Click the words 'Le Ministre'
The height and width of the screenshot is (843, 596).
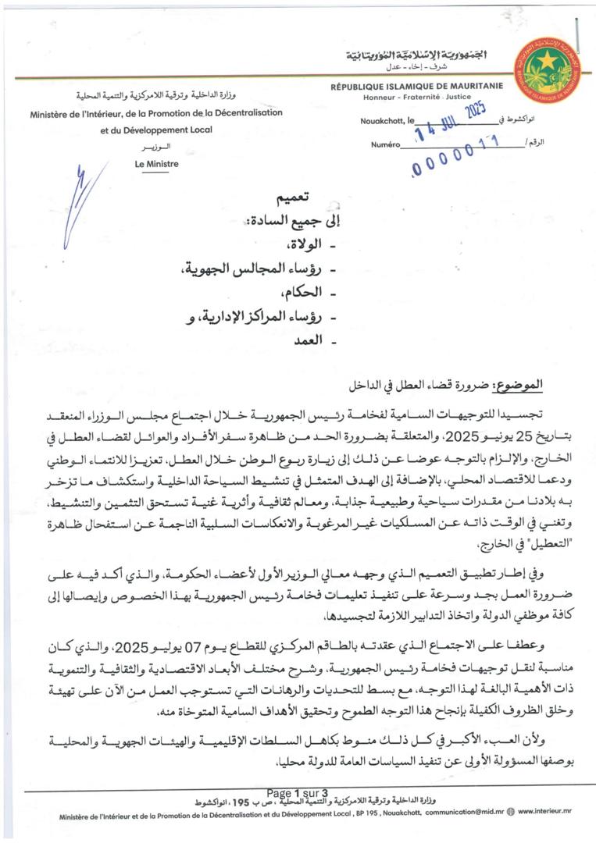[x=156, y=164]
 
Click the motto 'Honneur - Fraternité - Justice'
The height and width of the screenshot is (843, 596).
[x=415, y=98]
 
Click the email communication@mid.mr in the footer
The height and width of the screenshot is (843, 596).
[x=459, y=816]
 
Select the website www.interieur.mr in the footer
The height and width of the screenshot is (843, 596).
[x=545, y=816]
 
